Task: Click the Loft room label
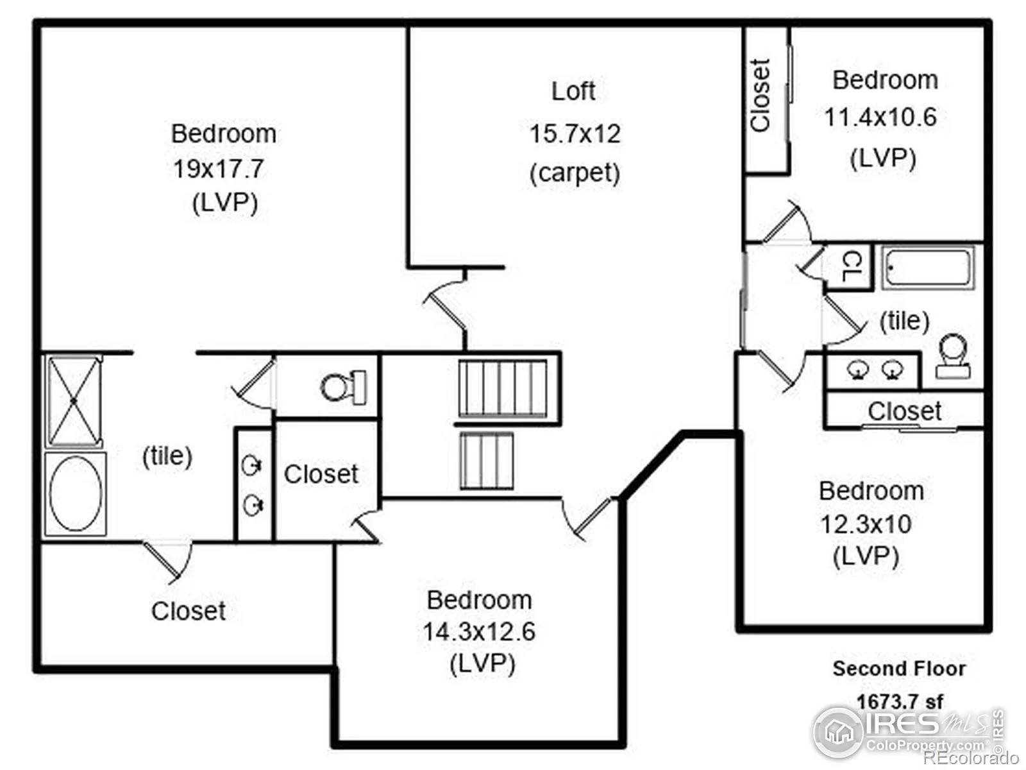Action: [x=573, y=91]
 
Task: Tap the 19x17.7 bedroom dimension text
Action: [x=219, y=169]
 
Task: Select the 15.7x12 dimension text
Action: [x=575, y=133]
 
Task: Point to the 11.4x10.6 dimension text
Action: [x=880, y=117]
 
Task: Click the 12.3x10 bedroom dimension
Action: [x=866, y=524]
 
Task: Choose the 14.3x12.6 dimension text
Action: [x=479, y=631]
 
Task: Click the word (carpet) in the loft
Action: [x=575, y=173]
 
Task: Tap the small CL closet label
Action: [x=852, y=266]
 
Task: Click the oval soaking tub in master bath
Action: [x=75, y=493]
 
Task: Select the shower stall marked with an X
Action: [x=74, y=401]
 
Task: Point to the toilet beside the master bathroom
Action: [x=344, y=387]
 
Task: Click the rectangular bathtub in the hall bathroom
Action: [x=929, y=267]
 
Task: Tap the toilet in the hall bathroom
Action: [x=953, y=356]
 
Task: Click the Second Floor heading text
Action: [x=899, y=669]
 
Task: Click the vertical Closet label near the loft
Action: [x=760, y=96]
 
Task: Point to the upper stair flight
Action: [x=503, y=388]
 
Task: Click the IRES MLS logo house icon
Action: [x=839, y=732]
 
